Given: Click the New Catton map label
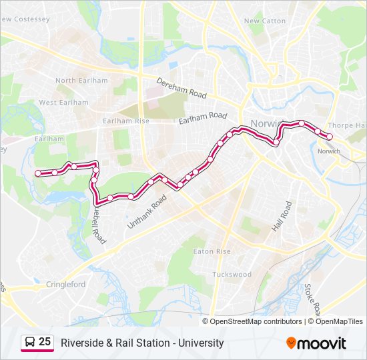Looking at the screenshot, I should coord(265,21).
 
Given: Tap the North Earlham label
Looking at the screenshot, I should coord(81,81).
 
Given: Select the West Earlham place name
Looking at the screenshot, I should coord(63,103).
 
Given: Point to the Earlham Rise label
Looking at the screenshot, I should coord(126,121).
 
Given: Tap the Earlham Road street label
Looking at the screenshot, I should coord(203,118).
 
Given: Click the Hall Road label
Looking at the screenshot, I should coord(281,217).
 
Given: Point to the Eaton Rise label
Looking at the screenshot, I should coord(212,251).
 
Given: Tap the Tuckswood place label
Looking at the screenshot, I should coord(232,274).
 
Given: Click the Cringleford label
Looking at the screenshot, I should coord(66,284).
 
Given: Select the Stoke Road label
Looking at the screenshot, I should coord(312,300).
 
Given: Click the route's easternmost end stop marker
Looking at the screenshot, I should coord(329,137).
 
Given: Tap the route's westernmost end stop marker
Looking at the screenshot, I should coord(38,173).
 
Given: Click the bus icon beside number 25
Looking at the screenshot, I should coord(30,343).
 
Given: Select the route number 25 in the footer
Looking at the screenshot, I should coord(45,342).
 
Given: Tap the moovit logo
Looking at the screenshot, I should coord(316,343).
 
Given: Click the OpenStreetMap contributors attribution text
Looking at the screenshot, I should coord(255,321).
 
